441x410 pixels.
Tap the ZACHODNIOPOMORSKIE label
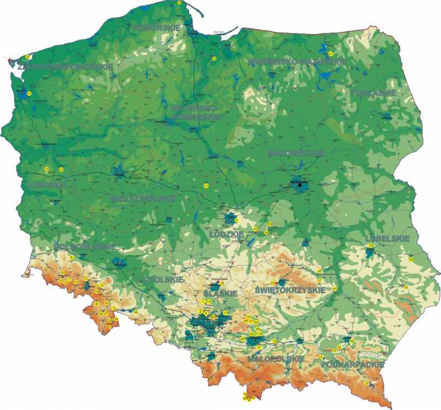point(66,67)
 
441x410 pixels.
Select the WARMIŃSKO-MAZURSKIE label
point(298,62)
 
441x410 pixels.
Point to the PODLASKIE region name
point(374,93)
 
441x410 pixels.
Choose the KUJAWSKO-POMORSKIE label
point(195,112)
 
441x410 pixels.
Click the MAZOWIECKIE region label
point(295,152)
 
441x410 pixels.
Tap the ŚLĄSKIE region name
point(220,294)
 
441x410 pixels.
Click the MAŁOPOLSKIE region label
point(276,359)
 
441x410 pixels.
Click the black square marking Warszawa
point(300,185)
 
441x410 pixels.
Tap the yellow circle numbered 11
point(206,186)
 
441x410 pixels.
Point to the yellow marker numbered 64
point(411,259)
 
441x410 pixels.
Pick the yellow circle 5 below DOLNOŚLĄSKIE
point(72,257)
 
